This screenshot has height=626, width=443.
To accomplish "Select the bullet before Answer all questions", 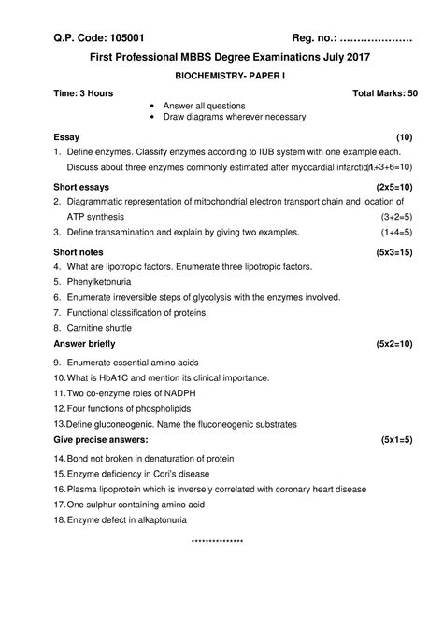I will click(x=151, y=107).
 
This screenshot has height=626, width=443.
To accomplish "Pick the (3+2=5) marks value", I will click(x=396, y=216).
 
